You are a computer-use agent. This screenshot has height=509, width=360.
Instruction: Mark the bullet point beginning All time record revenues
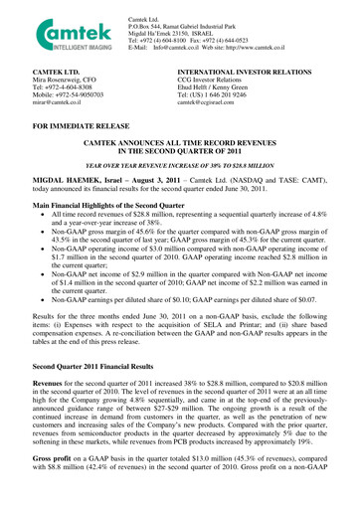189,218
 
